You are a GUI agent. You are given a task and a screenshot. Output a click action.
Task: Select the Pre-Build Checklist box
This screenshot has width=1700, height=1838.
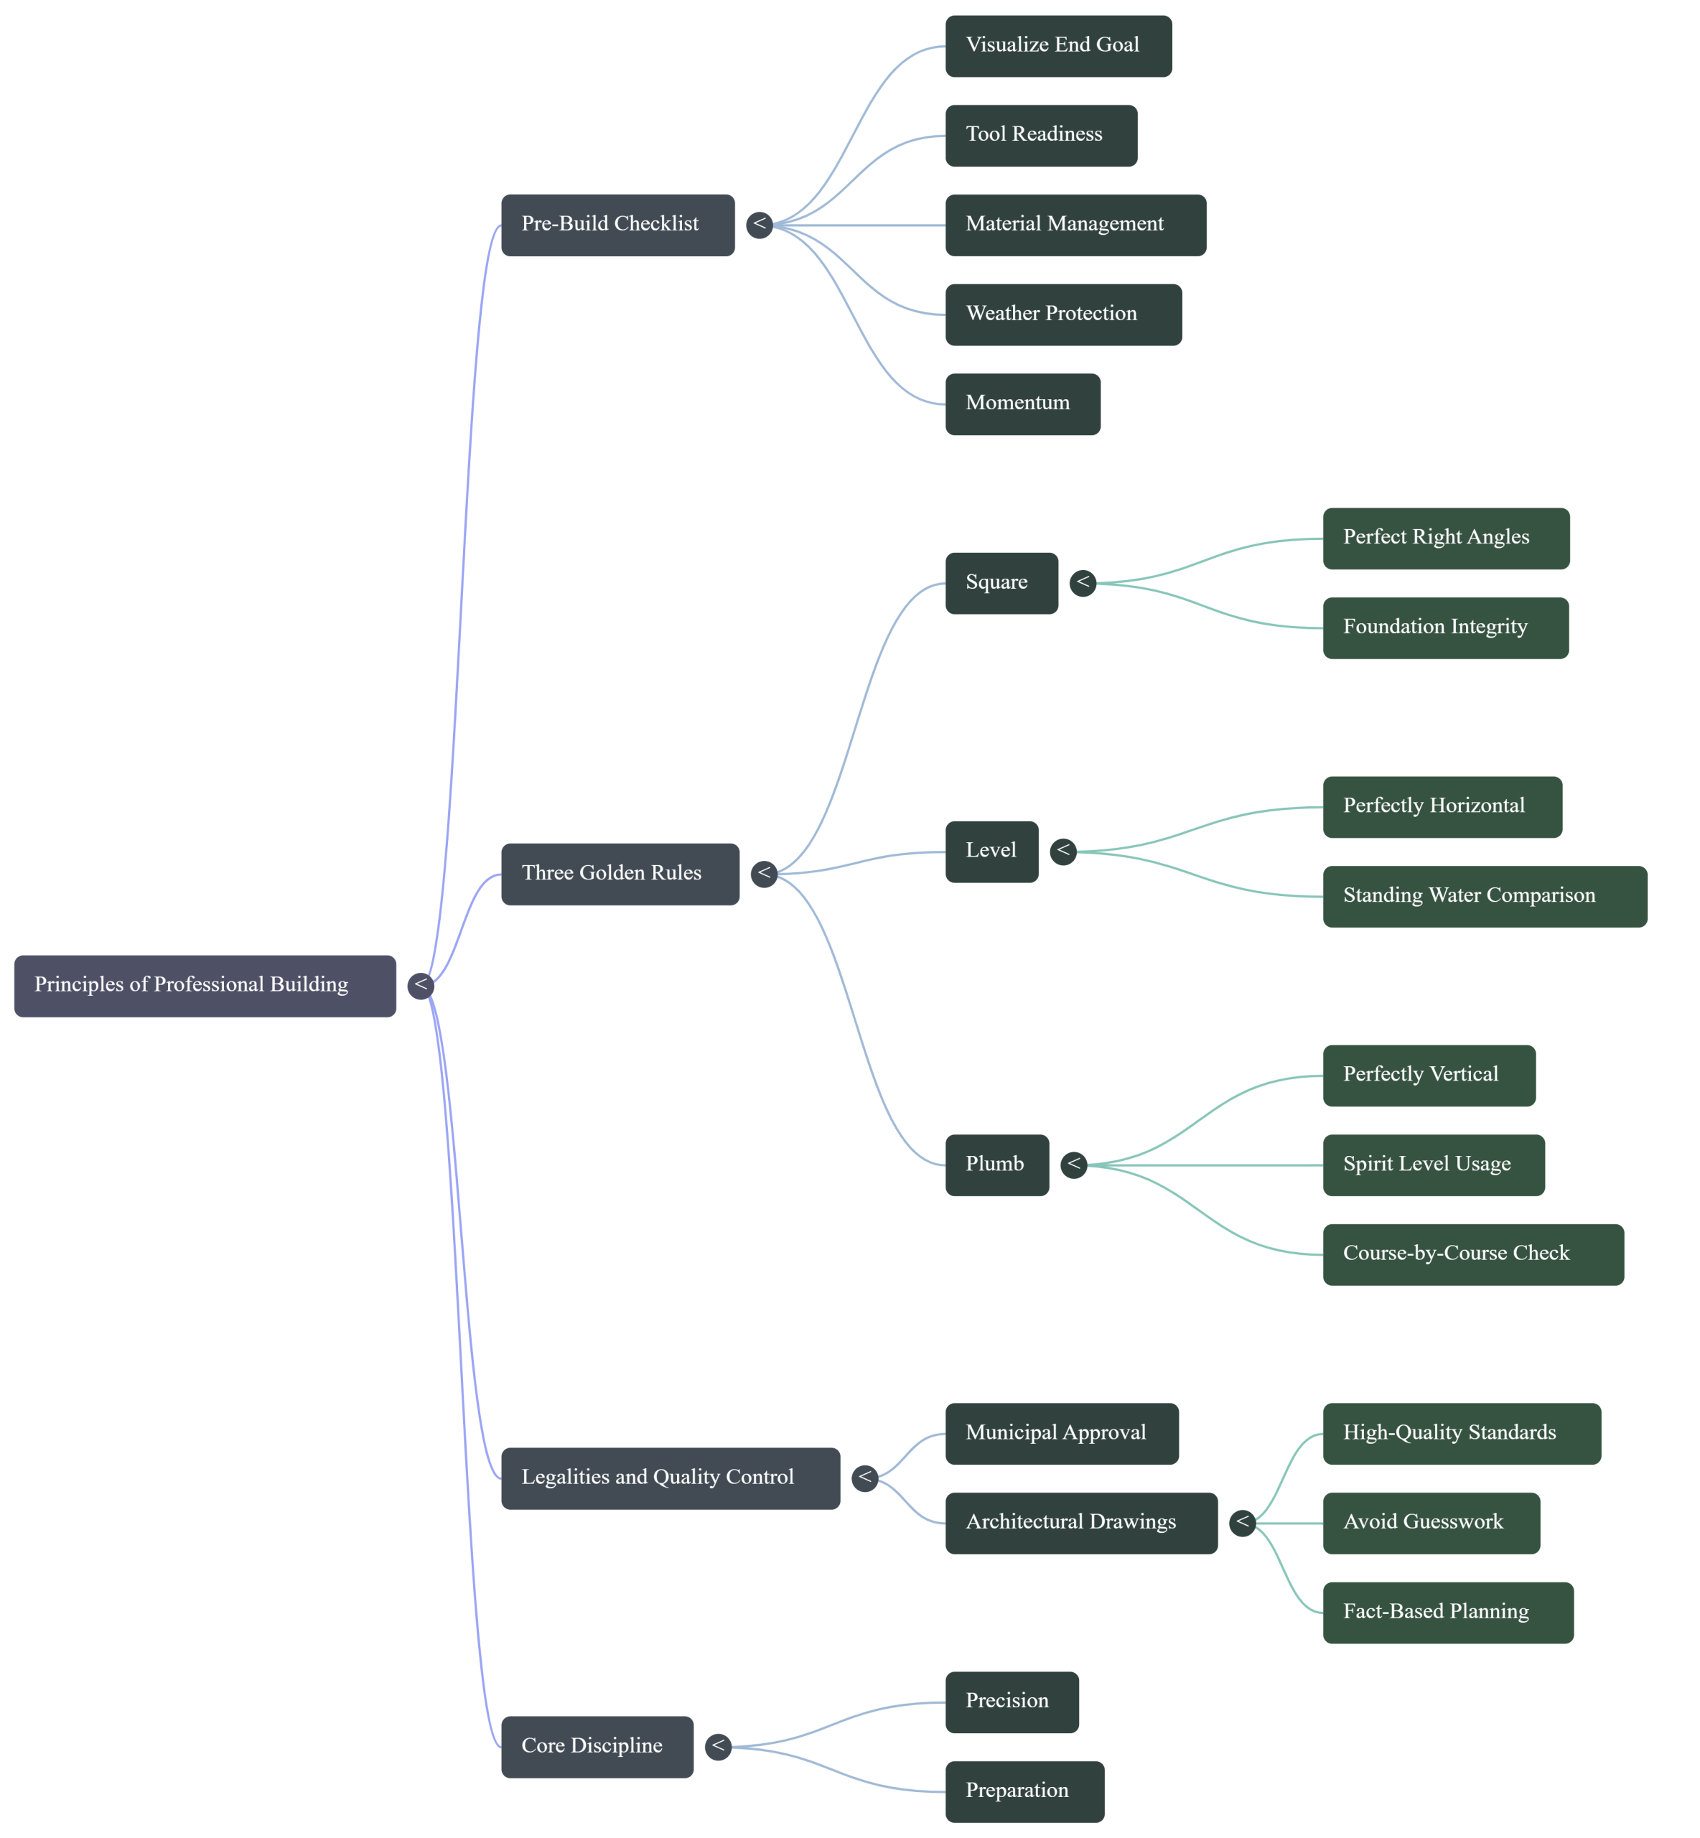pos(617,225)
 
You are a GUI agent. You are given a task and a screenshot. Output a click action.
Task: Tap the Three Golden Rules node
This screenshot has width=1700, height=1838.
pos(619,874)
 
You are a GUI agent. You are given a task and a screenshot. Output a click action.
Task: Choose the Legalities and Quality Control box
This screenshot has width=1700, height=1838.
pos(670,1478)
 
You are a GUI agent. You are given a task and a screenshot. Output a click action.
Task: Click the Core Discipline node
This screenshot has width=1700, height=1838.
pos(596,1746)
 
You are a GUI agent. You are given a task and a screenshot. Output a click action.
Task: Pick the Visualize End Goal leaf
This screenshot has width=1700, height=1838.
pos(1058,46)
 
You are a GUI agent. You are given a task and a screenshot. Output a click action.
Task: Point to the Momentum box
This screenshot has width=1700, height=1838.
pos(1022,403)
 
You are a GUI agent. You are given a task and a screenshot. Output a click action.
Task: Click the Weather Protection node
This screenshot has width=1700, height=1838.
pos(1062,314)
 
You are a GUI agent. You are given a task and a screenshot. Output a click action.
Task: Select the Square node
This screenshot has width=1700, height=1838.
pos(1001,583)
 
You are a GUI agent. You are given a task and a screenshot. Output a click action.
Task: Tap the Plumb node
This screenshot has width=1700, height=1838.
pos(996,1165)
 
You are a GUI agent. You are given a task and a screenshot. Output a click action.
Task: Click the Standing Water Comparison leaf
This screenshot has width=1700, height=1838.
pos(1484,896)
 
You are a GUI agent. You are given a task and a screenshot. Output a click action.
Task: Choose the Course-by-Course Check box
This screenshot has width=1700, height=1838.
pos(1472,1254)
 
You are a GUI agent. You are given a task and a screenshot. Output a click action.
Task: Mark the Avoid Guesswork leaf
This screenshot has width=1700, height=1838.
pos(1431,1523)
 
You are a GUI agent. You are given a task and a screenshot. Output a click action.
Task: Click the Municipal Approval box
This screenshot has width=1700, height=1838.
pos(1060,1433)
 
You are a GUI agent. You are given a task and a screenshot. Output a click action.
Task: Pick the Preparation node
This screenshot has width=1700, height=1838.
pos(1024,1791)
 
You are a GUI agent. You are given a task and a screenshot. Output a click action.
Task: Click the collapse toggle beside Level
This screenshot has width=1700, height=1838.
pos(1062,851)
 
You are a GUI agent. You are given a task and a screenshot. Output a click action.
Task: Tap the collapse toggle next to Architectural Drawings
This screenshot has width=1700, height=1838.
pos(1242,1523)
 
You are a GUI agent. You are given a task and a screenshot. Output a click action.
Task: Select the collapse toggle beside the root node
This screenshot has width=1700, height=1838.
pos(421,985)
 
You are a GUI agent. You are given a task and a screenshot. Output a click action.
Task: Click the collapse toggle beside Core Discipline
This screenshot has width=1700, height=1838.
pos(717,1746)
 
